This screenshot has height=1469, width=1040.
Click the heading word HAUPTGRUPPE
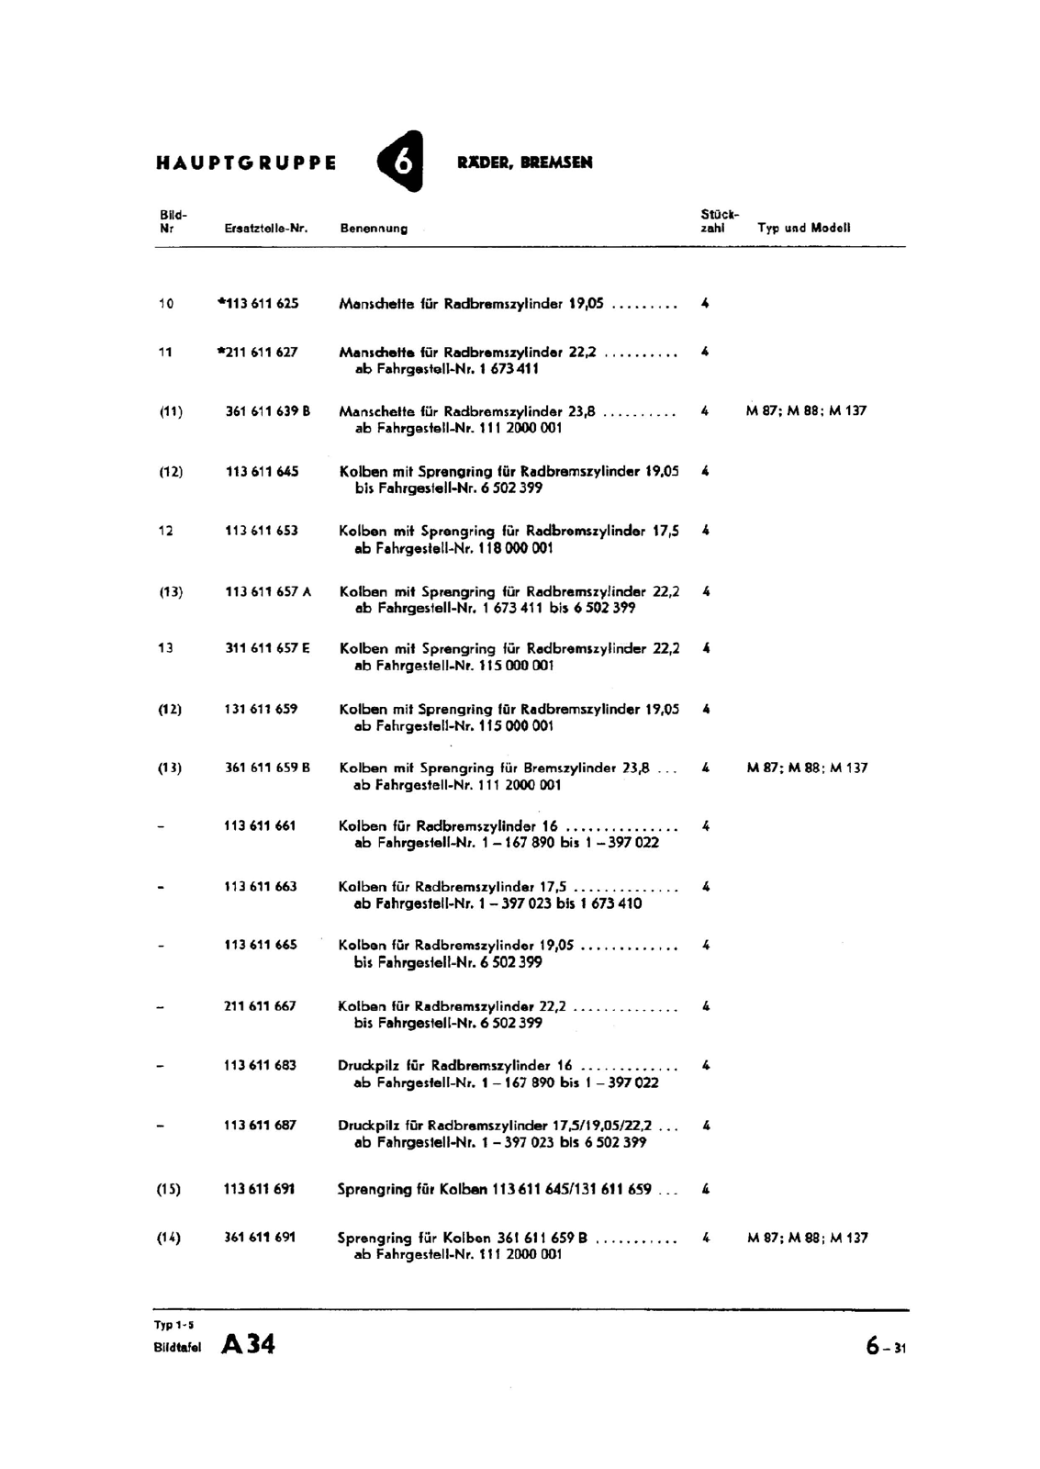[x=247, y=163]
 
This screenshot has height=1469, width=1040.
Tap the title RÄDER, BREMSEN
[x=524, y=163]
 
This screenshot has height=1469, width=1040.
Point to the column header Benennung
[x=374, y=228]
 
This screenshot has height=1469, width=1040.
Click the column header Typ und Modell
[x=803, y=228]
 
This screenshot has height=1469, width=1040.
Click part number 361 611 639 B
[x=267, y=411]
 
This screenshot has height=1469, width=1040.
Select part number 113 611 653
[x=261, y=531]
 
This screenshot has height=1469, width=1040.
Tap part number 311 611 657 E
[x=267, y=648]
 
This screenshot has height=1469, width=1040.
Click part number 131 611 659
[x=261, y=709]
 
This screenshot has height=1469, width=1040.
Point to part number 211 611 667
[x=260, y=1006]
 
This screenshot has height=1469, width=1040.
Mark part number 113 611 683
[x=260, y=1066]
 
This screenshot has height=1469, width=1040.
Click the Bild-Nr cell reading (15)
[x=169, y=1190]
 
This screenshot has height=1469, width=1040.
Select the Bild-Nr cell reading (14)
[x=169, y=1238]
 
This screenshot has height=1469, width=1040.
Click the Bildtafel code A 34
[x=248, y=1345]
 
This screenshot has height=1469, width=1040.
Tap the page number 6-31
[x=885, y=1347]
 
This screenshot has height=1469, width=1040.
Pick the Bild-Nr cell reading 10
[x=165, y=304]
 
